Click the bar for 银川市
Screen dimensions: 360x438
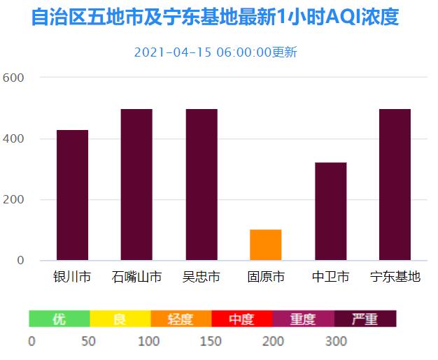(x=72, y=195)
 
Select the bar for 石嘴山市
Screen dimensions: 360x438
(x=136, y=185)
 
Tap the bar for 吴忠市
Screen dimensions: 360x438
(x=202, y=185)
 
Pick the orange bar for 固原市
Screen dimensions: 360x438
(x=266, y=245)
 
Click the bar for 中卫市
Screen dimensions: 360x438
(x=330, y=211)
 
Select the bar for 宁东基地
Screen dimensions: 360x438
(x=395, y=185)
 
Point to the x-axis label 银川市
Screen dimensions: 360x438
(x=72, y=277)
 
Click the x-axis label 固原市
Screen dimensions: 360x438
(x=266, y=277)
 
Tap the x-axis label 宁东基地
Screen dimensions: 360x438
(x=395, y=277)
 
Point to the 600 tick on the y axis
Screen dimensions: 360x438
(x=14, y=77)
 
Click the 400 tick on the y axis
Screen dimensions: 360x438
(x=14, y=138)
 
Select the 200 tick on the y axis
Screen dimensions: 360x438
(x=14, y=200)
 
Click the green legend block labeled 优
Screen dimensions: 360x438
(x=59, y=319)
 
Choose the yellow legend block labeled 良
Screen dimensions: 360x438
(x=120, y=319)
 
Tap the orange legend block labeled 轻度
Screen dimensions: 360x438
(x=181, y=319)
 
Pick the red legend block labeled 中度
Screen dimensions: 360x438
(x=242, y=319)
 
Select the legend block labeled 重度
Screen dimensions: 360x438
(x=303, y=319)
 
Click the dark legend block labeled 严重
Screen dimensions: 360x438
(x=365, y=319)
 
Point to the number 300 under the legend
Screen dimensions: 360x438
(x=336, y=341)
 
